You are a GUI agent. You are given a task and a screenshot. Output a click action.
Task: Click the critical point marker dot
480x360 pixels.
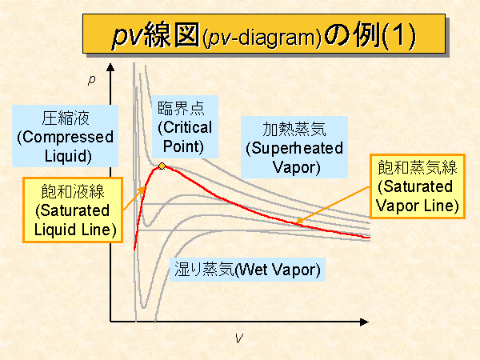click(162, 166)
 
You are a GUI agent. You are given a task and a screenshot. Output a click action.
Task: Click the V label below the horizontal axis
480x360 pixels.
click(238, 338)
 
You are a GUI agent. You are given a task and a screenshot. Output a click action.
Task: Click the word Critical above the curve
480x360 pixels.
click(185, 128)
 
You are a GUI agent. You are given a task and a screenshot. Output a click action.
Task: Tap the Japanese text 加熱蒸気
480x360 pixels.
click(294, 130)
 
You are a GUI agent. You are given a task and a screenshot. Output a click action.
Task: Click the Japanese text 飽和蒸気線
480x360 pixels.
click(416, 169)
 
